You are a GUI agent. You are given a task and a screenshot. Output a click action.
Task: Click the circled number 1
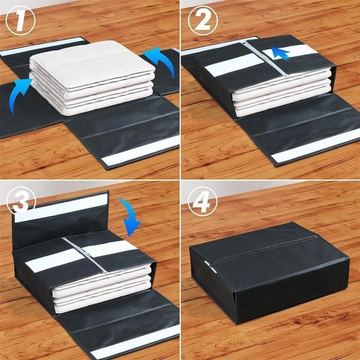click(x=20, y=20)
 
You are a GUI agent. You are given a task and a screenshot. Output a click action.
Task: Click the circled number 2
click(x=203, y=20)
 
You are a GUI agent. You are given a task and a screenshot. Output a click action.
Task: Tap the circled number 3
click(x=21, y=202)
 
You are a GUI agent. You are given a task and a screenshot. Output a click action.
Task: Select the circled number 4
click(x=202, y=202)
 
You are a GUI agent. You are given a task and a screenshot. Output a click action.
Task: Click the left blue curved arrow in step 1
click(x=19, y=94)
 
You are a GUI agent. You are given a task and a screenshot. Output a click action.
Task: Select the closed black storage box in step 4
click(x=269, y=273)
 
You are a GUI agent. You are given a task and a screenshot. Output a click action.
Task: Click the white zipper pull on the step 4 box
click(x=210, y=266)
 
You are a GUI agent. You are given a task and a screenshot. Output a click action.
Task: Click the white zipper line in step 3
click(x=84, y=255)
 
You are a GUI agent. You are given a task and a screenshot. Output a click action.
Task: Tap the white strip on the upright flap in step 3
click(x=61, y=208)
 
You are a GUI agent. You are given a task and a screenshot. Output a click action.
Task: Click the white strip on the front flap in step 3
click(x=135, y=342)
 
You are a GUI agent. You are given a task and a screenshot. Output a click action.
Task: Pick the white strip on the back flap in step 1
click(x=43, y=47)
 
